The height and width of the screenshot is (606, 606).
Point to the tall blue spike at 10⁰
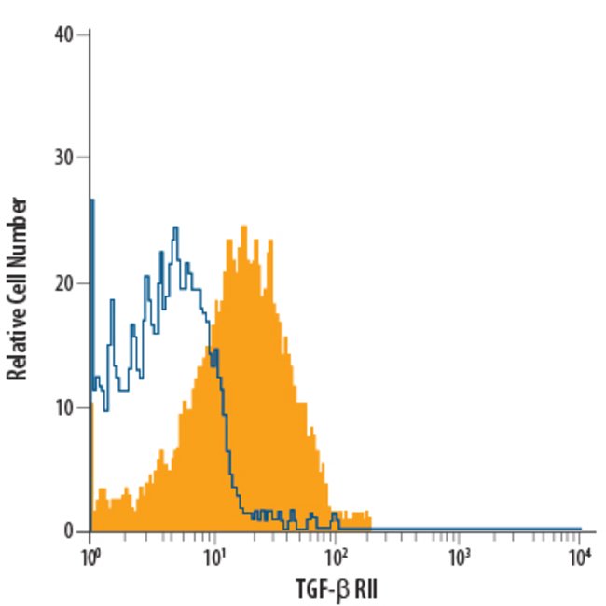[x=91, y=200]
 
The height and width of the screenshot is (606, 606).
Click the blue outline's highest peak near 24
[x=174, y=227]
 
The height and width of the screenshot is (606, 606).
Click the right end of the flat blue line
[x=581, y=528]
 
